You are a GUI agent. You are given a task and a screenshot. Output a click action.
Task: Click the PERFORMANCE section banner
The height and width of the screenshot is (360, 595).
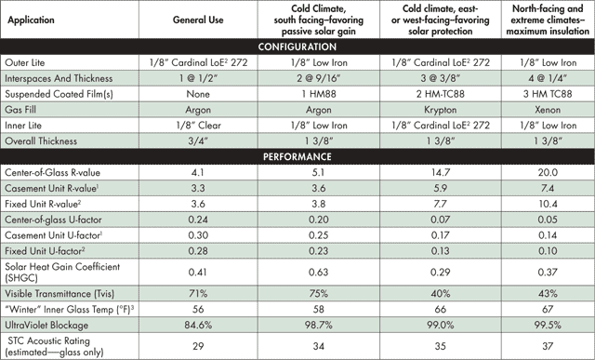(297, 155)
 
